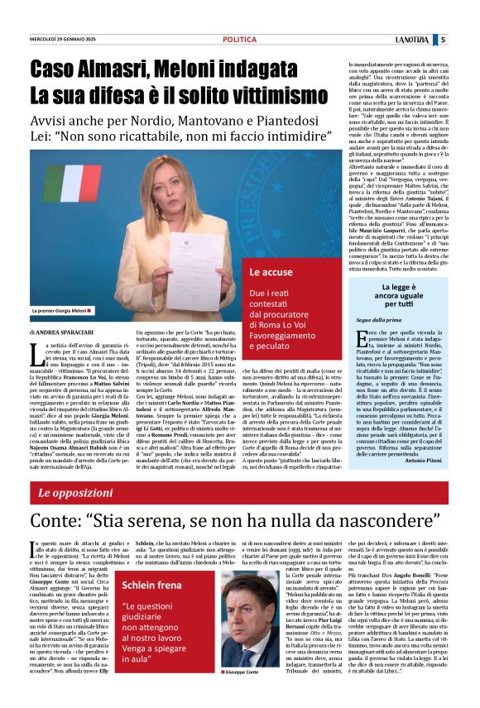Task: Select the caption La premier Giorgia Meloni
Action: click(58, 311)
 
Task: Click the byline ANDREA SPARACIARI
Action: click(71, 331)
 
